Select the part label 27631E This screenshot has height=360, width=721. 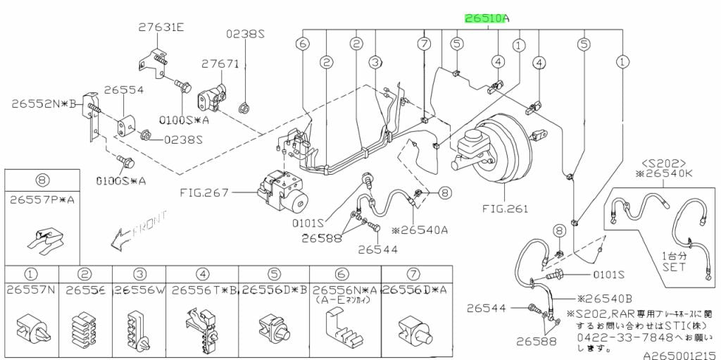pyautogui.click(x=161, y=27)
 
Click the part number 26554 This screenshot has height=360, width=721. pyautogui.click(x=124, y=90)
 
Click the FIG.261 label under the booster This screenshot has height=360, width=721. pyautogui.click(x=505, y=209)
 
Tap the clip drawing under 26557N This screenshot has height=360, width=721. pyautogui.click(x=31, y=327)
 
